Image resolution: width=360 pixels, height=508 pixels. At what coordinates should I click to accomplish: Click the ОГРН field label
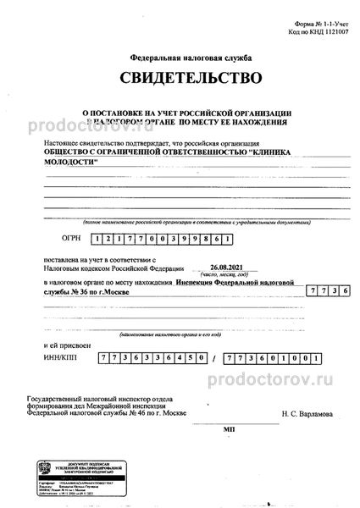pyautogui.click(x=73, y=216)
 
